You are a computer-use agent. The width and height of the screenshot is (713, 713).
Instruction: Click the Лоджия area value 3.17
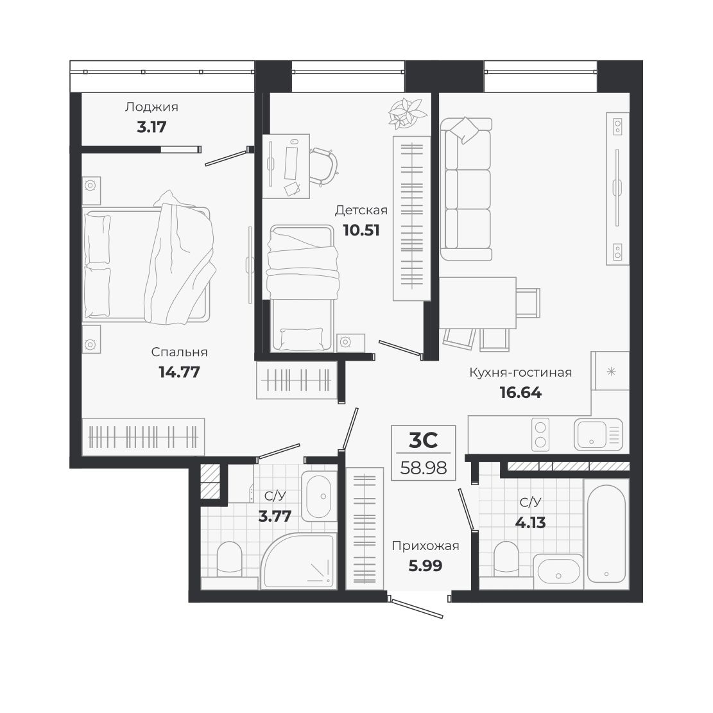[151, 127]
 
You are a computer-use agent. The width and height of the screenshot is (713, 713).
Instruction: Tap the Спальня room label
[179, 352]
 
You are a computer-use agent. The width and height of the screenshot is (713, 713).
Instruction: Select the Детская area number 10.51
[361, 230]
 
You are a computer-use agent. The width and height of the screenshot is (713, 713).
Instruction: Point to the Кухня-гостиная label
[520, 372]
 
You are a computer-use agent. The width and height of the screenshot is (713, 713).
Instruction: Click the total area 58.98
[424, 467]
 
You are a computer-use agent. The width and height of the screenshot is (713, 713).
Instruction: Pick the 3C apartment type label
[424, 440]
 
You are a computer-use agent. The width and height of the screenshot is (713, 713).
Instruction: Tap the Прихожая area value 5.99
[425, 565]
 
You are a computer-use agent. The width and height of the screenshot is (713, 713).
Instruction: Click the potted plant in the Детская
[407, 112]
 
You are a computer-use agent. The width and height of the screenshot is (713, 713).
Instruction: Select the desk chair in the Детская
[324, 166]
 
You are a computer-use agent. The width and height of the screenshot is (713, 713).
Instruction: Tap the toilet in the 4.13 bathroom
[506, 558]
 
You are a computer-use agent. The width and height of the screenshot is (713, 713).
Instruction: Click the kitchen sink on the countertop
[598, 434]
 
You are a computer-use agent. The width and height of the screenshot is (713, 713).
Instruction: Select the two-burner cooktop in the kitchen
[540, 434]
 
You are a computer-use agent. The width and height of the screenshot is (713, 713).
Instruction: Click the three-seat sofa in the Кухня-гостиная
[466, 189]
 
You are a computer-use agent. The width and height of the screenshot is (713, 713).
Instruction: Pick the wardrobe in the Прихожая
[365, 528]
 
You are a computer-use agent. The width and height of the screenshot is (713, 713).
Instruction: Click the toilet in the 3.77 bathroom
[229, 558]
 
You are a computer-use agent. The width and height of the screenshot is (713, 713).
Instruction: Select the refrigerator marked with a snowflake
[610, 370]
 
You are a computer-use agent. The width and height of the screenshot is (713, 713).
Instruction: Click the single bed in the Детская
[302, 288]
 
